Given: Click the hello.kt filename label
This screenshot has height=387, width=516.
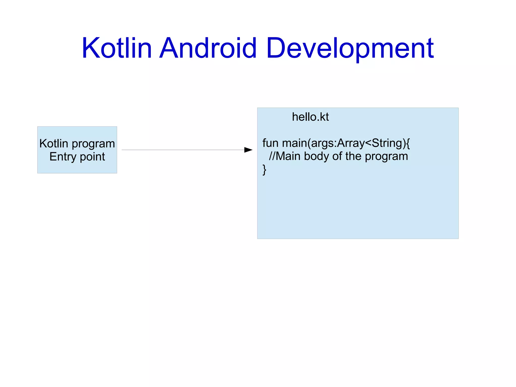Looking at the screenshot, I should pyautogui.click(x=310, y=117).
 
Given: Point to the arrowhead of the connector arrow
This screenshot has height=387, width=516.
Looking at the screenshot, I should pyautogui.click(x=248, y=150).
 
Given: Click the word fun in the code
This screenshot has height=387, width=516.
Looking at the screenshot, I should pyautogui.click(x=270, y=143).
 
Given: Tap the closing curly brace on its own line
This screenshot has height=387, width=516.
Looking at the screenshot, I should pyautogui.click(x=264, y=170).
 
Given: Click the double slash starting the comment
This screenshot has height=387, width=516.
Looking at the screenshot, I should pyautogui.click(x=272, y=156).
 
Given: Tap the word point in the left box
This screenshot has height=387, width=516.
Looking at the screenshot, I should pyautogui.click(x=92, y=157).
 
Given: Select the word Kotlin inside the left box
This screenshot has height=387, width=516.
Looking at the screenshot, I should pyautogui.click(x=54, y=144).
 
